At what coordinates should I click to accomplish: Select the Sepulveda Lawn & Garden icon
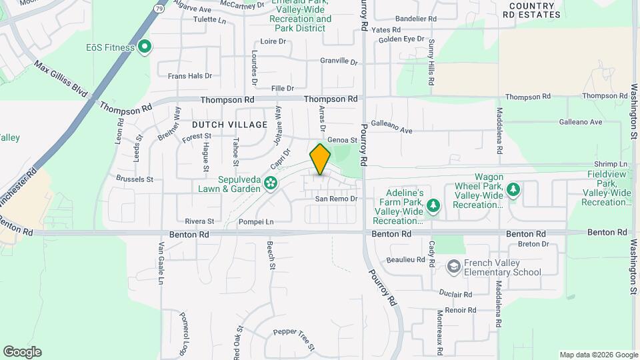coord(271,182)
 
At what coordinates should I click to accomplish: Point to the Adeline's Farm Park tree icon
coord(433,204)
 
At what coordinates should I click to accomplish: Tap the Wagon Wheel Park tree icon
coord(513,192)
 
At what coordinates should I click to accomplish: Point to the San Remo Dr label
coord(337,199)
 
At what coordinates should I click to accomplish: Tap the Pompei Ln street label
coord(256,221)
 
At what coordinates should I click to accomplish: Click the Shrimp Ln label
coord(614,164)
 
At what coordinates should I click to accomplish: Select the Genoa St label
coord(345,140)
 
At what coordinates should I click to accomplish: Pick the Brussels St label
coord(135,179)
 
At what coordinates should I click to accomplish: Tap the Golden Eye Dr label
coord(401,39)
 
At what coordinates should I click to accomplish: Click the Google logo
coord(22,352)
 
